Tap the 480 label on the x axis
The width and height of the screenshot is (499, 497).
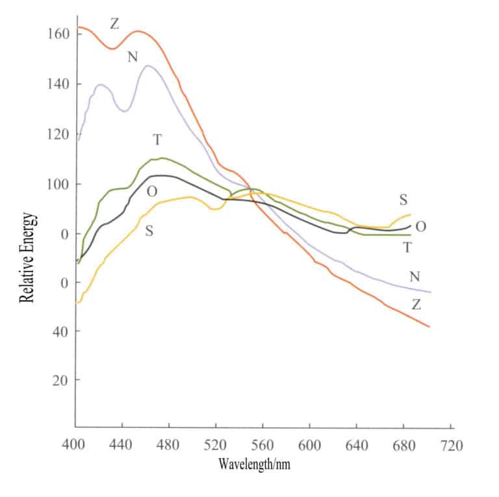tap(168, 446)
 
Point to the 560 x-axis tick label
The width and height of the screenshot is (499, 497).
tap(262, 446)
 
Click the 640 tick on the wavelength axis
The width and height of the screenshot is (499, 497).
tap(357, 446)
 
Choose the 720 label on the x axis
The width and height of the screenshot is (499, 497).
tap(451, 446)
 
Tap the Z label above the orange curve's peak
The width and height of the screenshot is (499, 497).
tap(115, 24)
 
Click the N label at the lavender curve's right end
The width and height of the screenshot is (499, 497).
tap(415, 277)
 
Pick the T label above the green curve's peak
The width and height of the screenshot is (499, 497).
tap(157, 140)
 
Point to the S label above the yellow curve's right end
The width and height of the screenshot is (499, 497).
tap(403, 199)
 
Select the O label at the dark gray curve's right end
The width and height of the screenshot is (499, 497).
tap(420, 227)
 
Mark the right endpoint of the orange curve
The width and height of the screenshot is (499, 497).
tap(429, 326)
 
